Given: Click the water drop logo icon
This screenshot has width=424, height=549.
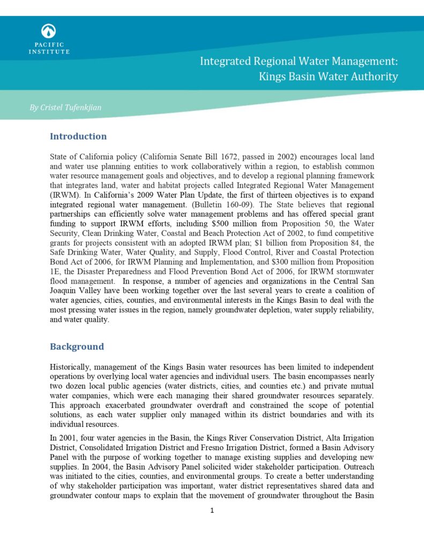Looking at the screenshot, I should [x=49, y=31].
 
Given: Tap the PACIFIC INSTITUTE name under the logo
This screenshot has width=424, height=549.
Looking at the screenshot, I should [x=49, y=48].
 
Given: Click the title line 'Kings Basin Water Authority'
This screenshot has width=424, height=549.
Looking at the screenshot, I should [x=328, y=77].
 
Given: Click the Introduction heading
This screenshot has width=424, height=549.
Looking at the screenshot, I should [x=78, y=136].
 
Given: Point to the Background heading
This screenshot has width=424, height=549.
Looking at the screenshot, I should [x=77, y=346].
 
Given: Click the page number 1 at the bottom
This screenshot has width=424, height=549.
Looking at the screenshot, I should [x=212, y=510].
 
